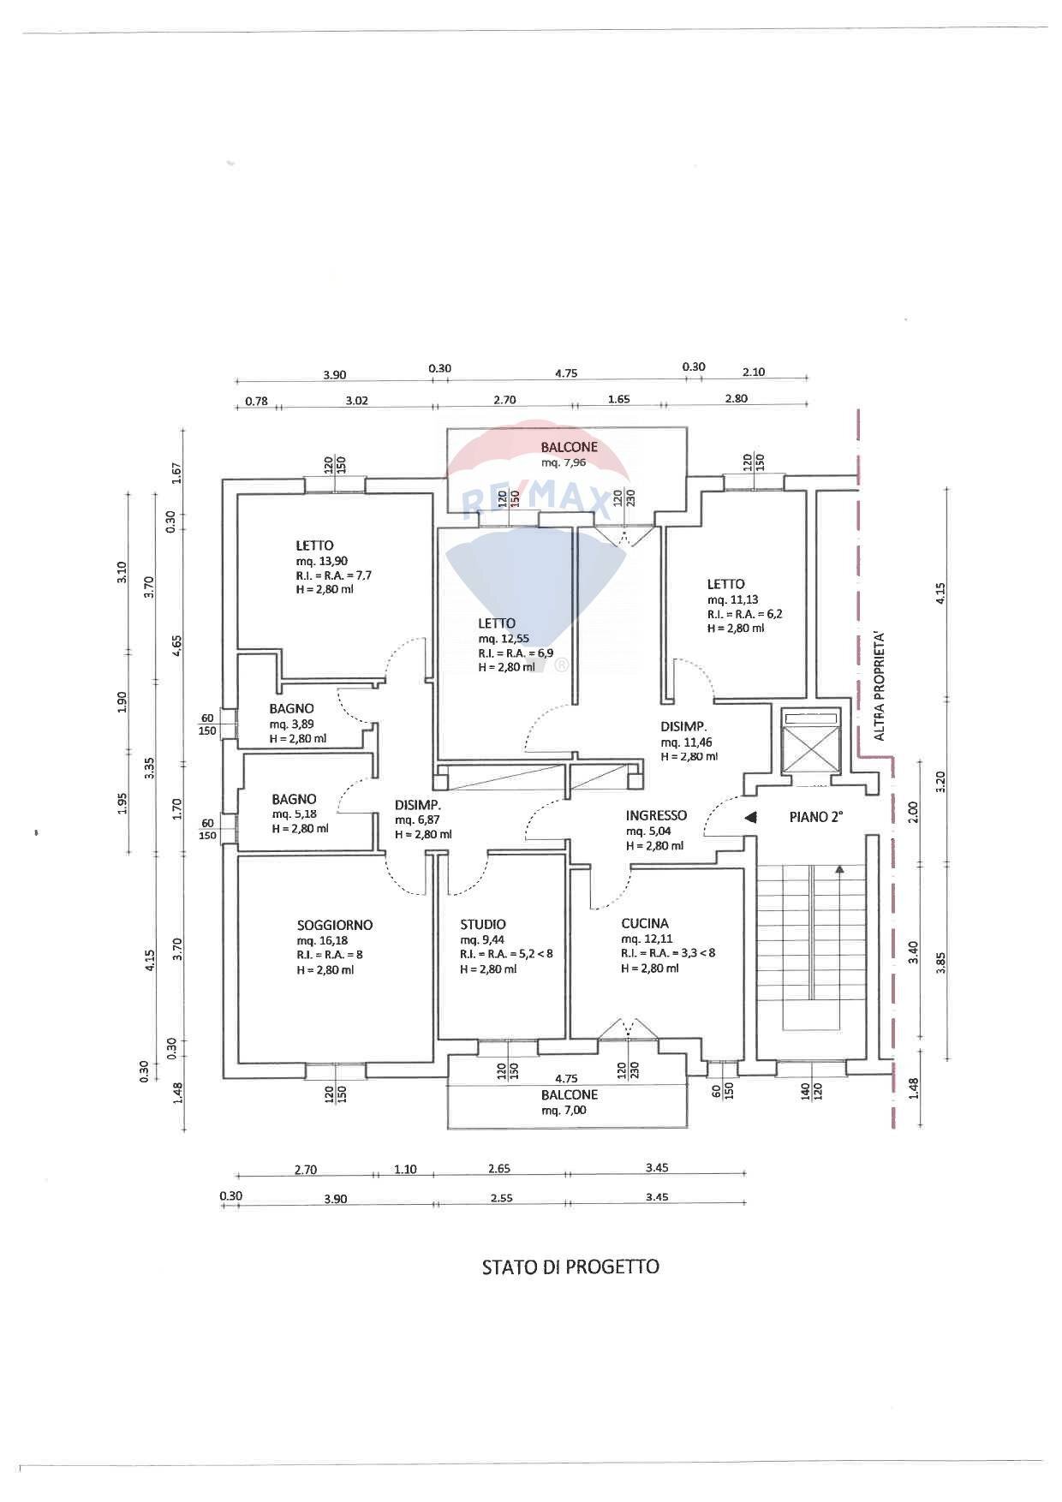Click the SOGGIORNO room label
(x=334, y=925)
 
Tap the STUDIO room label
(x=483, y=924)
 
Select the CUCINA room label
(x=645, y=923)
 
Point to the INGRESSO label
(x=656, y=815)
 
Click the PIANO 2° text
(x=815, y=817)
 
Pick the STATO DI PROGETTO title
(x=570, y=1267)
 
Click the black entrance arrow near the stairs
(x=750, y=818)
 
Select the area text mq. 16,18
(x=322, y=940)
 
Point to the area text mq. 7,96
(x=564, y=462)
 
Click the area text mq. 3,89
(x=291, y=724)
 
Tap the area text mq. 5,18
(x=294, y=814)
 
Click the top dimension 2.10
(x=754, y=372)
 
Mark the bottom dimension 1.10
(x=405, y=1169)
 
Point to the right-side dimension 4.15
(x=940, y=594)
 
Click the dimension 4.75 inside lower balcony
(x=564, y=1079)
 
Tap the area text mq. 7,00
(x=564, y=1110)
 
